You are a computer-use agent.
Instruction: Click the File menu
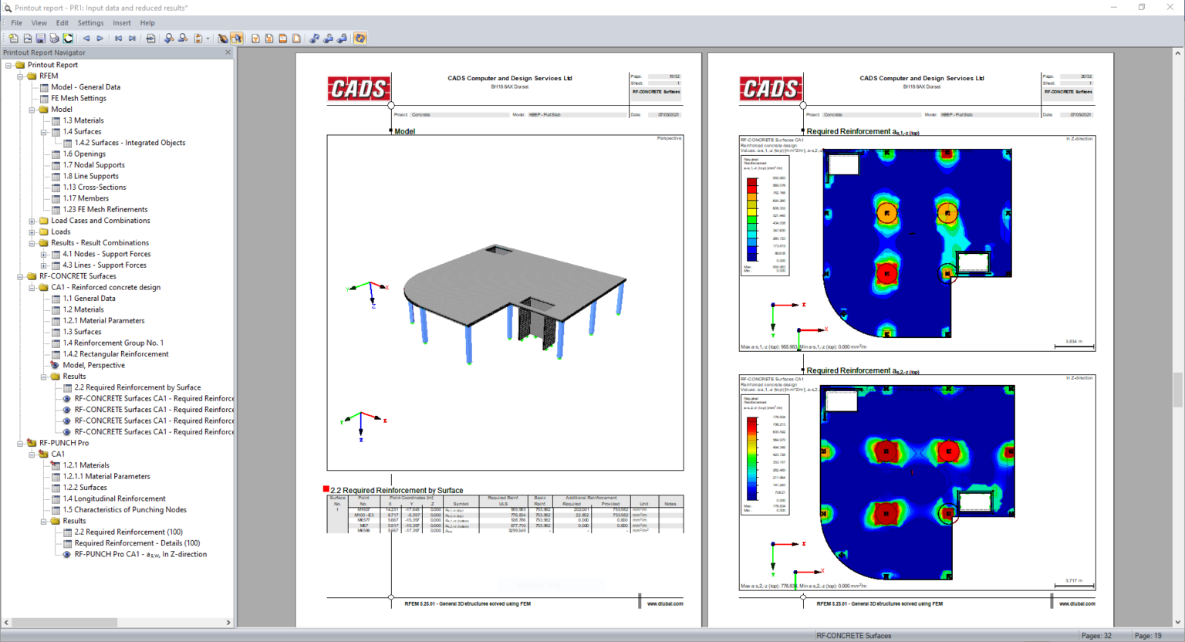(x=16, y=23)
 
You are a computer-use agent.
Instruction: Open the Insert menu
(x=122, y=23)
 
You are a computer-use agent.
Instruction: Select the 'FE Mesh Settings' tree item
(x=78, y=98)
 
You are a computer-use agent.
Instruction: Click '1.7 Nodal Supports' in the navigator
(x=93, y=165)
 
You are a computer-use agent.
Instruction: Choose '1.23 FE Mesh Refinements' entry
(x=105, y=209)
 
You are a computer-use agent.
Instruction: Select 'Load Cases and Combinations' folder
(x=100, y=221)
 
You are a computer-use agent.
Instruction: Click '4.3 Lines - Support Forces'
(x=104, y=265)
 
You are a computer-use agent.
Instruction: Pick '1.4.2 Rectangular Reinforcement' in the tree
(x=115, y=354)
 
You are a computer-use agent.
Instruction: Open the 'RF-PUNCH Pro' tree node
(x=63, y=443)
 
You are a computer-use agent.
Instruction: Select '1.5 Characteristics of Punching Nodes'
(x=124, y=510)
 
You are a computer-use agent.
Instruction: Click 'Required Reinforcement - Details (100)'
(x=137, y=543)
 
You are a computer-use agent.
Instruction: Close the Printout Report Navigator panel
(x=228, y=52)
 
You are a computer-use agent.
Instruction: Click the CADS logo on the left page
(x=358, y=90)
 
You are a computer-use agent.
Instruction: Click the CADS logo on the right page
(x=770, y=90)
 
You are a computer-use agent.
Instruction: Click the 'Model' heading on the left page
(x=404, y=132)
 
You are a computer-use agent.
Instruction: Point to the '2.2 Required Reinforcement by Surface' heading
(x=397, y=490)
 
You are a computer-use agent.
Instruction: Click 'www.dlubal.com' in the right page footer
(x=1076, y=603)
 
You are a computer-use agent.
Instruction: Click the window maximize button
(x=1142, y=8)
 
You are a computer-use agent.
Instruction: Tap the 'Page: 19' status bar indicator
(x=1147, y=636)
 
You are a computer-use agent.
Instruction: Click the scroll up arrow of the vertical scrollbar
(x=1177, y=53)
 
